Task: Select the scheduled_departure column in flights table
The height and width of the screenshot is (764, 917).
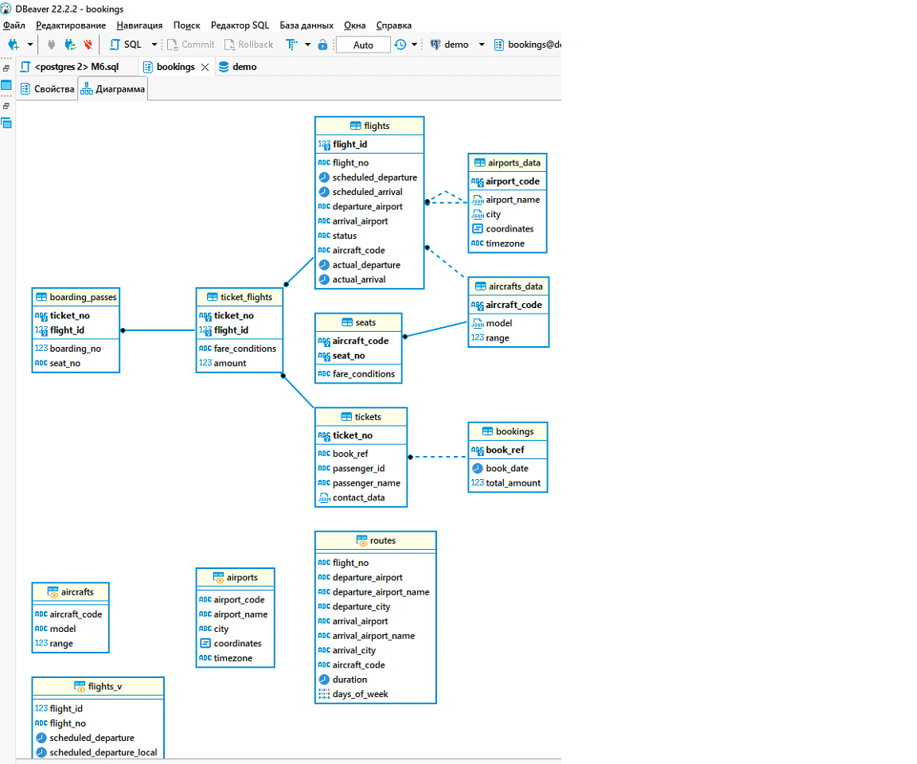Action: coord(374,177)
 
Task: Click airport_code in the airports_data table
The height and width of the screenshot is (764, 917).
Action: coord(513,181)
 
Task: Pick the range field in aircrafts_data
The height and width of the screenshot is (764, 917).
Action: coord(498,337)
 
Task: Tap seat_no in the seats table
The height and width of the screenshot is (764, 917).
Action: coord(349,356)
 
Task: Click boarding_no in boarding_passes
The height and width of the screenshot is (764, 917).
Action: coord(75,349)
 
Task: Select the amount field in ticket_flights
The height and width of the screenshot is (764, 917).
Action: coord(230,363)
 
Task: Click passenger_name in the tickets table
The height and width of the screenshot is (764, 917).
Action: coord(366,483)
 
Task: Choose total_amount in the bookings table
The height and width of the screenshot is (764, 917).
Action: coord(513,482)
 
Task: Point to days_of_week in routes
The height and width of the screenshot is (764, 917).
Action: coord(360,694)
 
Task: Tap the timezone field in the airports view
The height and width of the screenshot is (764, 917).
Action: coord(232,658)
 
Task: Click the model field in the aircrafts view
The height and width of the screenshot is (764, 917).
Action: coord(63,629)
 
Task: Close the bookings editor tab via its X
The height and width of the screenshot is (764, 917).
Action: coord(205,67)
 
